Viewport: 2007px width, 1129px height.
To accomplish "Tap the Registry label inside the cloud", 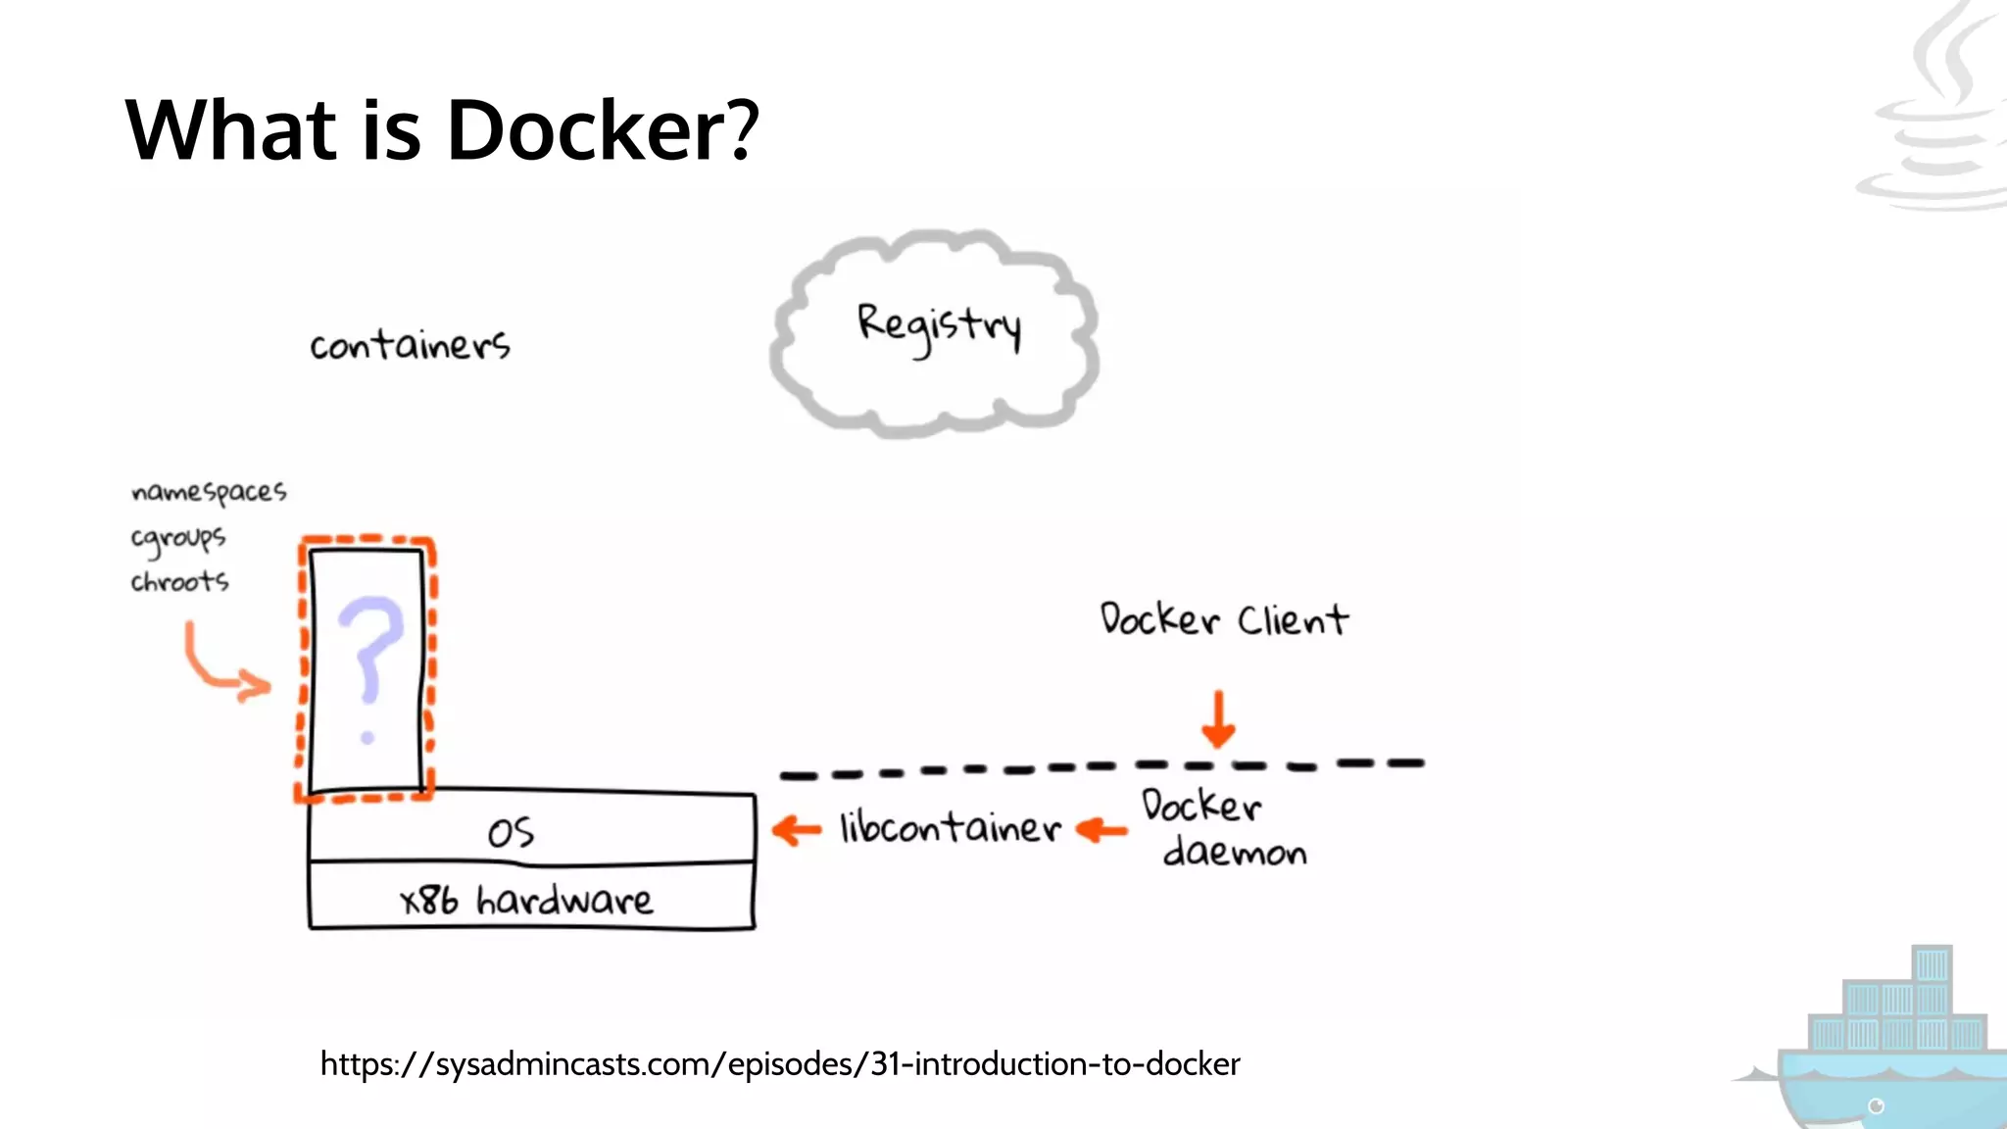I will (x=939, y=326).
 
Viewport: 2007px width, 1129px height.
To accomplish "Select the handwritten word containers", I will (x=410, y=345).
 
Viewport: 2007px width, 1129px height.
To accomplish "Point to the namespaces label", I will (x=209, y=492).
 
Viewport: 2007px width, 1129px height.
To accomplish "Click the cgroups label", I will (x=178, y=538).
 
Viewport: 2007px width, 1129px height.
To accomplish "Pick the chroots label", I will (x=179, y=582).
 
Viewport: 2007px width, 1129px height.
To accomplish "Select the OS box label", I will (x=511, y=833).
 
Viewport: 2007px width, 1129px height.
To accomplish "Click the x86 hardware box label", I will (x=526, y=900).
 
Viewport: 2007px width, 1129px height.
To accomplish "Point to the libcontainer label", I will (x=950, y=829).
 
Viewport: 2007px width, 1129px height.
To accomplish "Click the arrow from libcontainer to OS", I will (x=797, y=831).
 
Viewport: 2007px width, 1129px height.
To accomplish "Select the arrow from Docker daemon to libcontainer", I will (x=1101, y=831).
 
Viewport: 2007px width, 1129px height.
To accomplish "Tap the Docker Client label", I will (x=1223, y=620).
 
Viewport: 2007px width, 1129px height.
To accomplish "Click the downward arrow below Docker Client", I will (x=1218, y=719).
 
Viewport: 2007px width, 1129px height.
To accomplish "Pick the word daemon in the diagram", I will (x=1235, y=853).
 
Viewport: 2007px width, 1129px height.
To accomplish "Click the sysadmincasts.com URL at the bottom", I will (x=780, y=1064).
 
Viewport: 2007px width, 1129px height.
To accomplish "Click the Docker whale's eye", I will (x=1877, y=1106).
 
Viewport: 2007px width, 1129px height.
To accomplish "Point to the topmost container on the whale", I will (x=1932, y=964).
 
